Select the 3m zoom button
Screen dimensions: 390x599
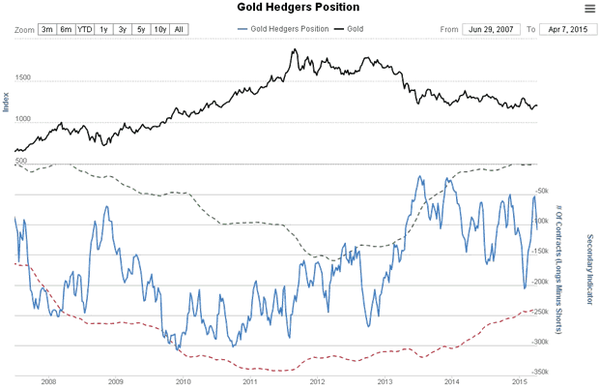click(47, 30)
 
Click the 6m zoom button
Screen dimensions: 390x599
click(66, 30)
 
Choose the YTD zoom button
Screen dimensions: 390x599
click(86, 30)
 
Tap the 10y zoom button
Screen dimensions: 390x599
click(159, 30)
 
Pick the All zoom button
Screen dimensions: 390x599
click(179, 30)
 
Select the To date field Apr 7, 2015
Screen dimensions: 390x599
click(565, 30)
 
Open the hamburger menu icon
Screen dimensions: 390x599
click(589, 9)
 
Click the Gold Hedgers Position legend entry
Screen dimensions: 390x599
click(285, 30)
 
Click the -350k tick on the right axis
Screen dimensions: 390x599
click(540, 372)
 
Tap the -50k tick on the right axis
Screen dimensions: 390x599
click(541, 191)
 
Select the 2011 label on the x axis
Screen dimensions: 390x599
click(249, 383)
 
